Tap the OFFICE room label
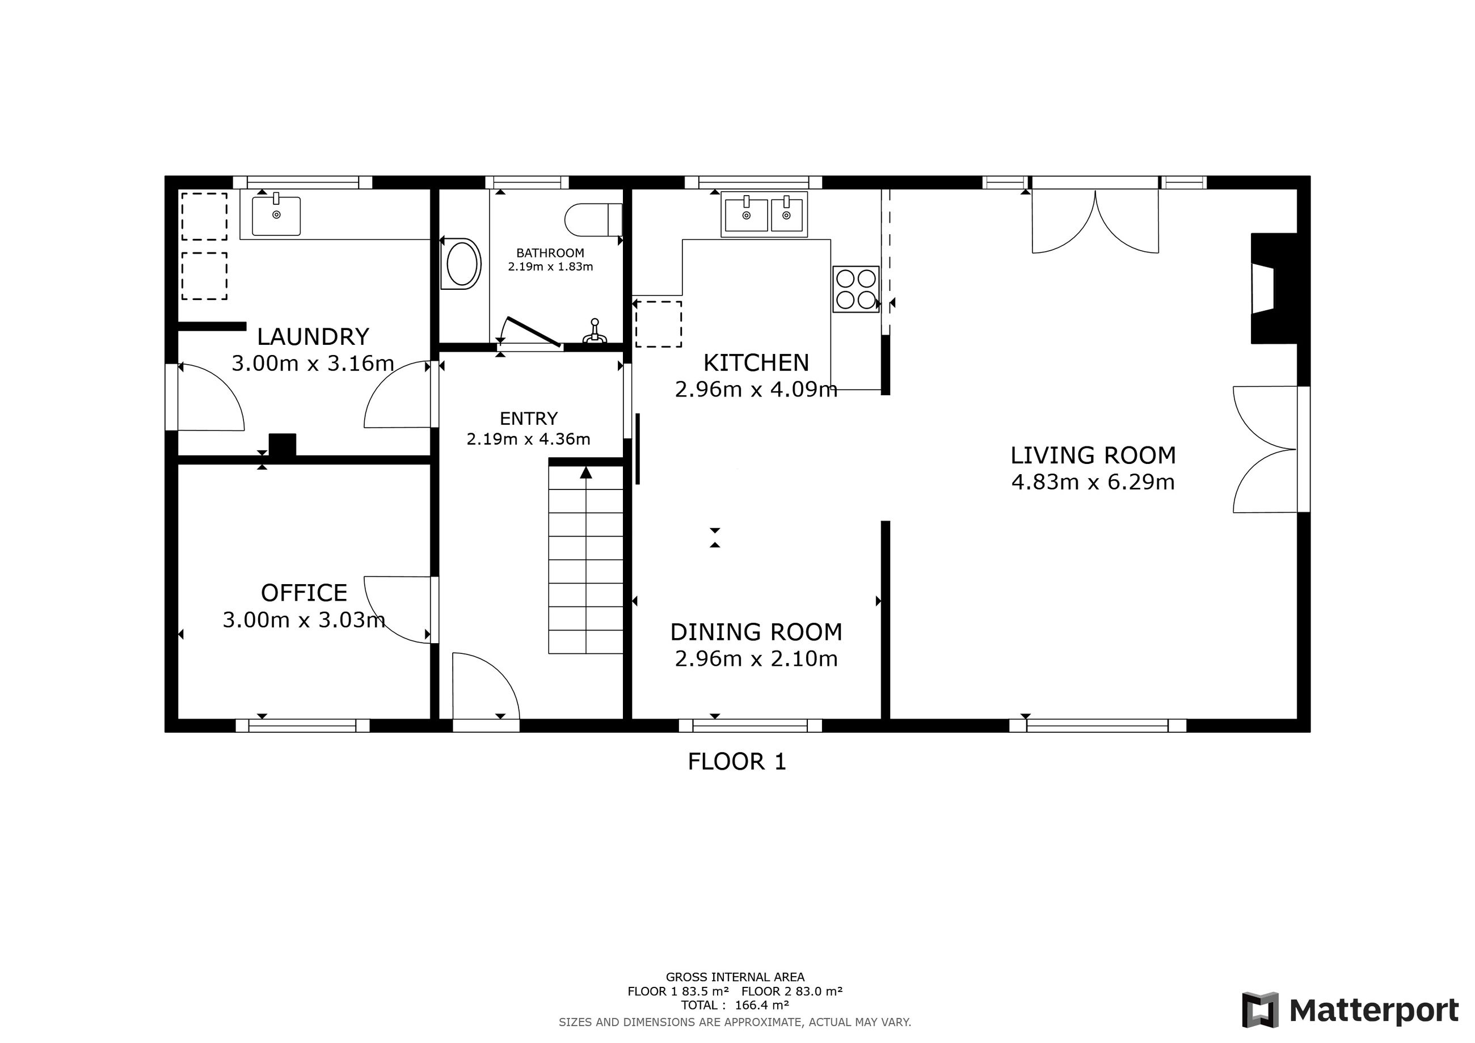[x=304, y=592]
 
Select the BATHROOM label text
[x=550, y=253]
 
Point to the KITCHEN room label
[x=756, y=363]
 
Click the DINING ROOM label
[x=756, y=632]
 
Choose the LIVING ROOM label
[x=1093, y=455]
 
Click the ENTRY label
[x=529, y=419]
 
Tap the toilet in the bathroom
[x=593, y=219]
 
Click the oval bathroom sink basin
[x=461, y=264]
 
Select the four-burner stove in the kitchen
[x=855, y=289]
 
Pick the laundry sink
[x=276, y=216]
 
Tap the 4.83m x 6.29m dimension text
[x=1093, y=482]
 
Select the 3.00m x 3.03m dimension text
[x=304, y=620]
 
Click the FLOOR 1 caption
[x=737, y=762]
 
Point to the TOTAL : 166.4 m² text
[x=735, y=1005]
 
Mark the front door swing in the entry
[x=486, y=686]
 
